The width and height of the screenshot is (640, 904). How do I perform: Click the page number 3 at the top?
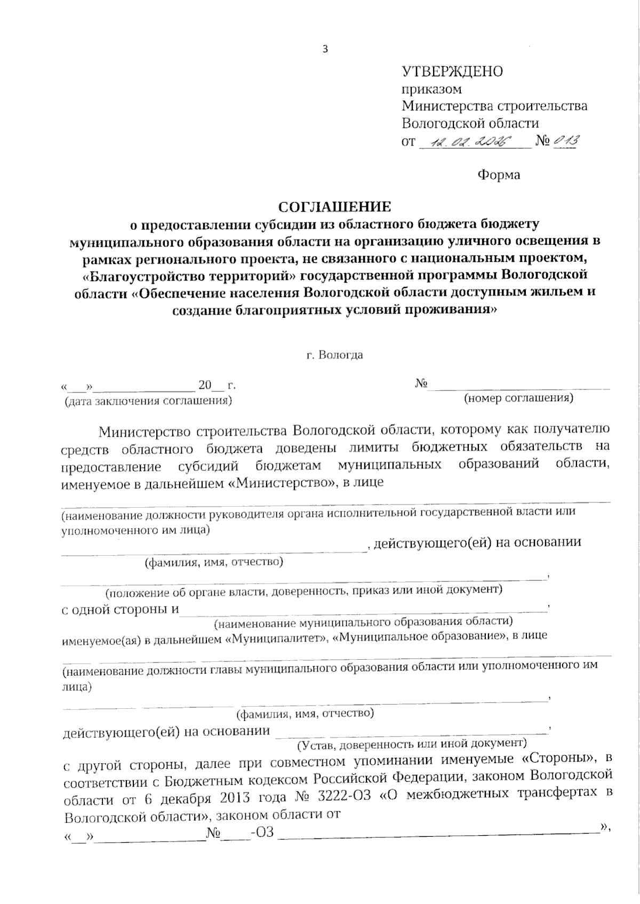(326, 50)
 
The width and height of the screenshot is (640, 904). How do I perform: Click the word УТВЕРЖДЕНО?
(452, 71)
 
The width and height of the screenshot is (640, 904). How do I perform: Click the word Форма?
(499, 174)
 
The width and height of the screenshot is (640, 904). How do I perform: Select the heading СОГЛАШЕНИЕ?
(335, 206)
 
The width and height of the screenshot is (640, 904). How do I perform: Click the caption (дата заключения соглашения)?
(148, 401)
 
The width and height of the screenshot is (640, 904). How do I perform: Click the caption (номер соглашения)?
(518, 398)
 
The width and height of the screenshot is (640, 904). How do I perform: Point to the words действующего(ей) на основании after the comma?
(477, 543)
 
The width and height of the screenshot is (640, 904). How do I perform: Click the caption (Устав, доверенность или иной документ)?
(411, 742)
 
